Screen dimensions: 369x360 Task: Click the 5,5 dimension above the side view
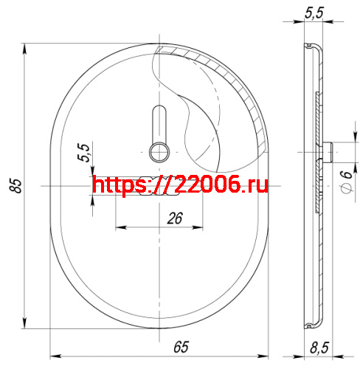point(314,13)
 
